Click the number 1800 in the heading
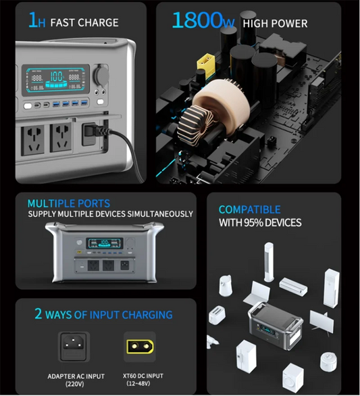pos(197,20)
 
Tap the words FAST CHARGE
pos(84,22)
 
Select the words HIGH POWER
pos(275,24)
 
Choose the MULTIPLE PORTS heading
pos(69,203)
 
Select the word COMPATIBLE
pos(249,210)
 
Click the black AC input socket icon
pos(75,347)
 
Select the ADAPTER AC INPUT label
pos(75,376)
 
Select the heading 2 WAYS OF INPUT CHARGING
pos(103,315)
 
